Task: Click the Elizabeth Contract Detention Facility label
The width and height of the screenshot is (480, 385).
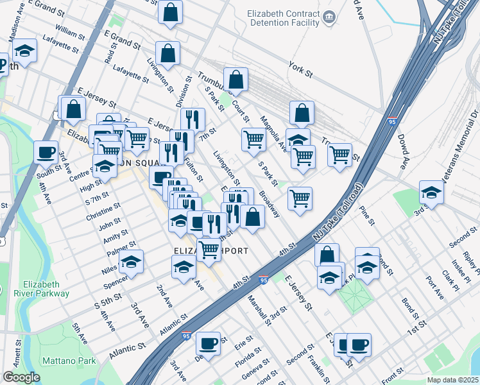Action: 283,18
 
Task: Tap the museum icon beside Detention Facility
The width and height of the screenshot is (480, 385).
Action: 330,17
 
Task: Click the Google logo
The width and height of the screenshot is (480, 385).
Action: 21,377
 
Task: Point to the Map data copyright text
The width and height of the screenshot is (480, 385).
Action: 453,380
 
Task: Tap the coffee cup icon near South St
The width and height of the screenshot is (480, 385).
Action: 46,152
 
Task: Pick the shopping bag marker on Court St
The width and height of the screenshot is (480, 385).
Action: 236,80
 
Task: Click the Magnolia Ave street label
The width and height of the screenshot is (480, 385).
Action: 273,131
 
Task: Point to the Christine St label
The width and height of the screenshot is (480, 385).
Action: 103,212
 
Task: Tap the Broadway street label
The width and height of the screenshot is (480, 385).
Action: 270,204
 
